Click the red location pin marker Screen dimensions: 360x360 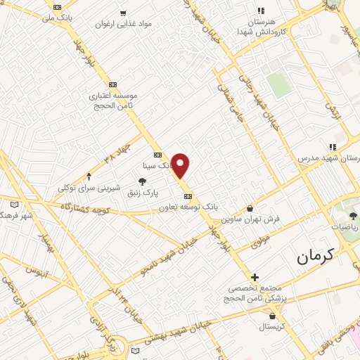pos(181,165)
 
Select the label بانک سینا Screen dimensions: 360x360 pos(157,166)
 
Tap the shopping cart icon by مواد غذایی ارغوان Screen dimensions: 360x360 pos(124,13)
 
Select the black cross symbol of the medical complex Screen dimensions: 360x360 pos(255,278)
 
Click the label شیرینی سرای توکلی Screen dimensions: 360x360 pos(89,188)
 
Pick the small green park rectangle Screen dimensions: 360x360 pos(280,85)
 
